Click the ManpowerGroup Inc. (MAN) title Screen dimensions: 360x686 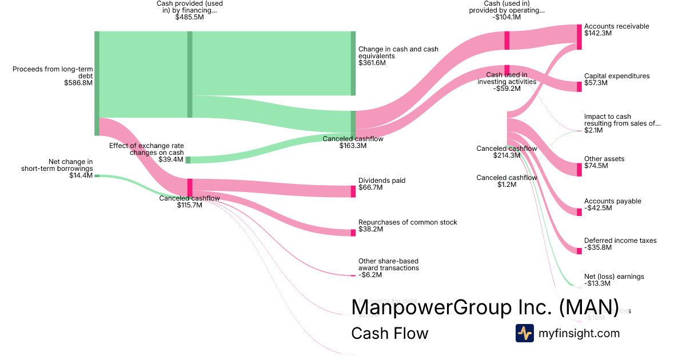pyautogui.click(x=485, y=307)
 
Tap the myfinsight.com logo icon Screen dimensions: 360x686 pyautogui.click(x=524, y=333)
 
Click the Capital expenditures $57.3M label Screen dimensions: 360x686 pyautogui.click(x=616, y=79)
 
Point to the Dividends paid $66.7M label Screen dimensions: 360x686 pyautogui.click(x=381, y=184)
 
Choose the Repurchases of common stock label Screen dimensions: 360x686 pyautogui.click(x=407, y=226)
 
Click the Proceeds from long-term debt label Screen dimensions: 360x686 pyautogui.click(x=53, y=75)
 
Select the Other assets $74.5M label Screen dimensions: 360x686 pyautogui.click(x=604, y=162)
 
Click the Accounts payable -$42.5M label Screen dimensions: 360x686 pyautogui.click(x=612, y=205)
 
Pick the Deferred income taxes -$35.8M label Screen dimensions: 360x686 pyautogui.click(x=620, y=244)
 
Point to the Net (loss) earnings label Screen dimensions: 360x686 pyautogui.click(x=613, y=280)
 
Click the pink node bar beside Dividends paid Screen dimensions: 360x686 pyautogui.click(x=353, y=191)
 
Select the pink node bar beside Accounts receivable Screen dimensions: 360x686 pyautogui.click(x=579, y=37)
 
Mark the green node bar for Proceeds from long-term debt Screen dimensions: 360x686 pyautogui.click(x=97, y=83)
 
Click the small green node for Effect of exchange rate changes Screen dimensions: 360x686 pyautogui.click(x=188, y=159)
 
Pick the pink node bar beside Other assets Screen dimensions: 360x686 pyautogui.click(x=579, y=169)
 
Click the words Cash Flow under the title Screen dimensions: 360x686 pyautogui.click(x=389, y=333)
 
